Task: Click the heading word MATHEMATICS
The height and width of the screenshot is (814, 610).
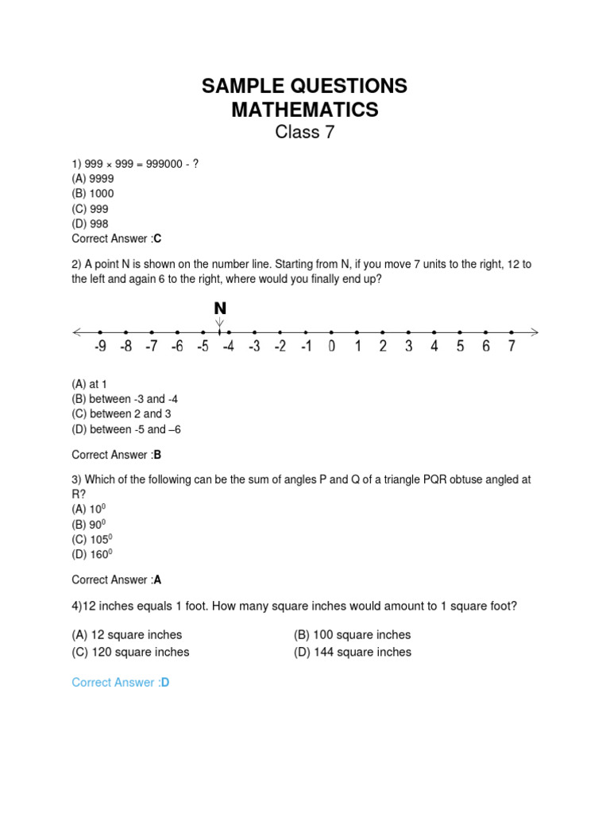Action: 305,110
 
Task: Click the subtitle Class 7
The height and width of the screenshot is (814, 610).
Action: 305,133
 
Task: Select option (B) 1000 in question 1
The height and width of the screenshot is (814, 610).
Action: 93,193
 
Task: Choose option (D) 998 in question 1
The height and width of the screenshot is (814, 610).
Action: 90,223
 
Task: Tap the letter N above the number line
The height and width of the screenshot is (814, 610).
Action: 220,308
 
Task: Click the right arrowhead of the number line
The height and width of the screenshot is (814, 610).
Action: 535,331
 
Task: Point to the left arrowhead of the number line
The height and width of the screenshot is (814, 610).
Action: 77,331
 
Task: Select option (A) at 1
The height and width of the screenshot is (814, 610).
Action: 89,384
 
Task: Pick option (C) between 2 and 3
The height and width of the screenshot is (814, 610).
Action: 122,414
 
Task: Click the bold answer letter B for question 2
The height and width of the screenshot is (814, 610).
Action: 157,455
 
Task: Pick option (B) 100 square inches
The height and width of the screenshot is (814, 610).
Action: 352,635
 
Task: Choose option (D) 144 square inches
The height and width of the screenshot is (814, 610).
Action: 352,652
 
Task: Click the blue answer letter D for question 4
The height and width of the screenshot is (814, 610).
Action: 165,682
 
